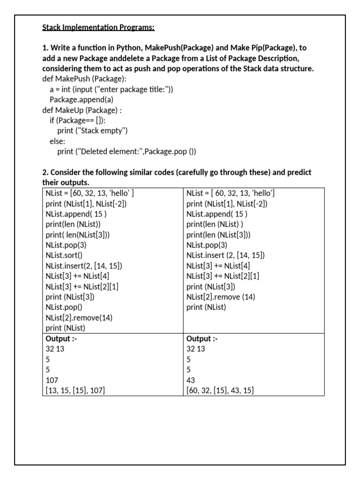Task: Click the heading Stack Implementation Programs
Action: (98, 27)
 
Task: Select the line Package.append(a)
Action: (82, 99)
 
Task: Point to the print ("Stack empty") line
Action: (92, 131)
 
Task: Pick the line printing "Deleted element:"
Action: (127, 151)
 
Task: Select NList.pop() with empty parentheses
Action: (64, 307)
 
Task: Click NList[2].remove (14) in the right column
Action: (221, 297)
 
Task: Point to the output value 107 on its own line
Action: (52, 380)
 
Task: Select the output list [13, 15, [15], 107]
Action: (79, 390)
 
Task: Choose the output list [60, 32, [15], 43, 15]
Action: (220, 390)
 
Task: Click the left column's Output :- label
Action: (61, 339)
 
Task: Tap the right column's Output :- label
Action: (202, 339)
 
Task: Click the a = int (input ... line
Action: (111, 89)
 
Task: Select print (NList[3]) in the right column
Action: (211, 286)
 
